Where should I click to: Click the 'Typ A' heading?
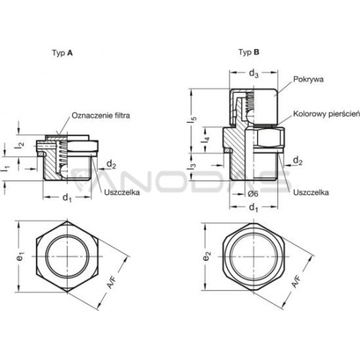coord(63,53)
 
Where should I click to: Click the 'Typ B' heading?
coord(249,52)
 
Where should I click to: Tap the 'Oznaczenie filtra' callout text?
coord(101,115)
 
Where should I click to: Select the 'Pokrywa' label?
coord(308,79)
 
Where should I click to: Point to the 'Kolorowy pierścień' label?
coord(326,114)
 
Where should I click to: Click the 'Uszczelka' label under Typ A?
coord(122,192)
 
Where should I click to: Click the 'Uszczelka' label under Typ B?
coord(311,192)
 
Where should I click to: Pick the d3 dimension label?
coord(253,73)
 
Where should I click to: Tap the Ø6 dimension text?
coord(253,194)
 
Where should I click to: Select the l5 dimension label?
coord(192,120)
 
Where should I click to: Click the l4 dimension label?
coord(207,140)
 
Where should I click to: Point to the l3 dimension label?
coord(192,166)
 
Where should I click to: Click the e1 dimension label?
coord(21,257)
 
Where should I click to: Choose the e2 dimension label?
coord(207,256)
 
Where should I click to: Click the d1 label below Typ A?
coord(67,198)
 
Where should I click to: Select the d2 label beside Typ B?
coord(298,161)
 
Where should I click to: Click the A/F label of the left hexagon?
coord(111,282)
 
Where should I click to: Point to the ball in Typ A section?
coord(64,171)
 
